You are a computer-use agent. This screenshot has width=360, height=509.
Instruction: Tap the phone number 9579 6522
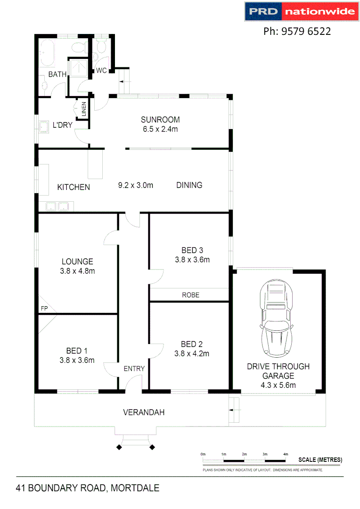(297, 32)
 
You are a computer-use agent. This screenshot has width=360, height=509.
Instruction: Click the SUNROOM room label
(160, 119)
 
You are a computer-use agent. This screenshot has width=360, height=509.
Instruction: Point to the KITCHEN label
(74, 187)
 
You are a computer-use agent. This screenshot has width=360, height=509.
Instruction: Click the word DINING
(189, 185)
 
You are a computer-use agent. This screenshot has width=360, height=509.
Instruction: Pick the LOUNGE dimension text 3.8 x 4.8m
(77, 271)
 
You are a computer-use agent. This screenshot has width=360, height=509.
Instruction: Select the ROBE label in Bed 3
(191, 295)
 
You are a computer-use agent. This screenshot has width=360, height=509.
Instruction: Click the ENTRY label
(134, 369)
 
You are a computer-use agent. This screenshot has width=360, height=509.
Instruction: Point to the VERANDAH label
(144, 412)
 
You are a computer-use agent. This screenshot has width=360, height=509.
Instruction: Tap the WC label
(101, 71)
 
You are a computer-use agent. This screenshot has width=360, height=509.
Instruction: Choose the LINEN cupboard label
(84, 109)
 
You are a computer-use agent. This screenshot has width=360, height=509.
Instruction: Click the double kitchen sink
(57, 206)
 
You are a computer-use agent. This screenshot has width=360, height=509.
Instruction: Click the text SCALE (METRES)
(320, 460)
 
